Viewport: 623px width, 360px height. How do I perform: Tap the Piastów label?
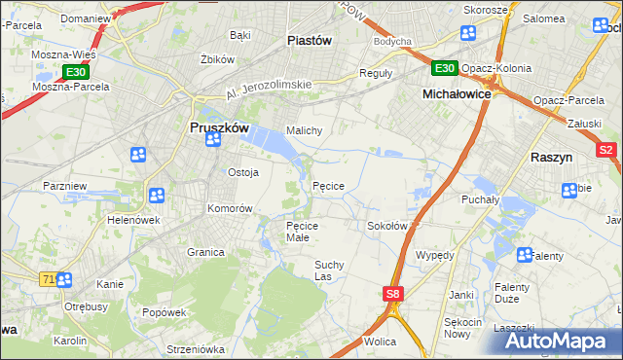pyautogui.click(x=311, y=40)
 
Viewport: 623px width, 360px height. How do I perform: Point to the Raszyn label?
pyautogui.click(x=556, y=157)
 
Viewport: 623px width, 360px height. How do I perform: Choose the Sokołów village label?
pyautogui.click(x=386, y=226)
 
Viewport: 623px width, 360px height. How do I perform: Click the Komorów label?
pyautogui.click(x=230, y=208)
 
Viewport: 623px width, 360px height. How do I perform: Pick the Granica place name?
pyautogui.click(x=206, y=252)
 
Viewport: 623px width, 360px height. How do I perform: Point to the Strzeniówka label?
pyautogui.click(x=195, y=348)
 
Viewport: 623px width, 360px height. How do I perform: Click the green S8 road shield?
pyautogui.click(x=392, y=293)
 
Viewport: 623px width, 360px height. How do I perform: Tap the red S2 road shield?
pyautogui.click(x=606, y=150)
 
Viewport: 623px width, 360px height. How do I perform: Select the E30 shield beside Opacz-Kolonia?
pyautogui.click(x=444, y=67)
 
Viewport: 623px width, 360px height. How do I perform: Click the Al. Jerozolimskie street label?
pyautogui.click(x=268, y=90)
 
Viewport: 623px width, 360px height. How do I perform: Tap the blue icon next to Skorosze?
pyautogui.click(x=467, y=33)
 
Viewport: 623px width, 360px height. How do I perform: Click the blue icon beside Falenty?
pyautogui.click(x=525, y=256)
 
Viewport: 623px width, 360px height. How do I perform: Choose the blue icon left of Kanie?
pyautogui.click(x=64, y=280)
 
